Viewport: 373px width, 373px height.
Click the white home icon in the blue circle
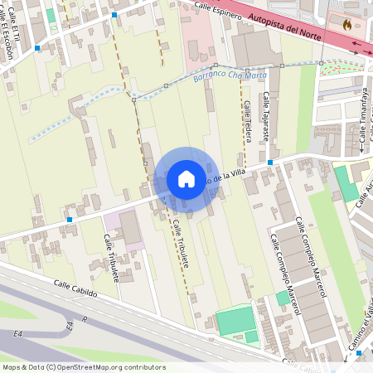(186, 179)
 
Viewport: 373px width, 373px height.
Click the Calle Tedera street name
(247, 122)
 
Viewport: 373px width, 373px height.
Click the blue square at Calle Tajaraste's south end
(271, 162)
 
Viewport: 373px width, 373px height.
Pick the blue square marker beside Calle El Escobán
(37, 48)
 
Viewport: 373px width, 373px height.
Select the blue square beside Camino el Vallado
(358, 352)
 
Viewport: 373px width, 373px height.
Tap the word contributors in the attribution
(144, 367)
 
